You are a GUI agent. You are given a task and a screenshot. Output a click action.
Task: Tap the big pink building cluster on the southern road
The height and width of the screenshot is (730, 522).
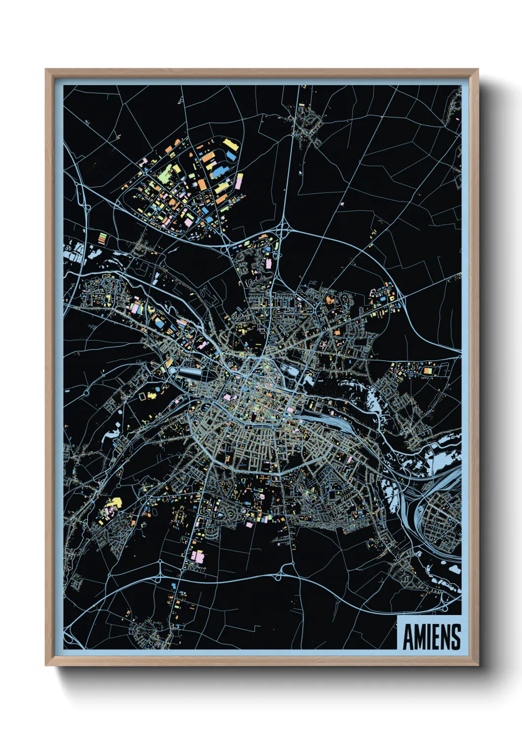197,556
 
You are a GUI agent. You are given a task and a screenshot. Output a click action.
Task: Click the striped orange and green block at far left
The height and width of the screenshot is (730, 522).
102,238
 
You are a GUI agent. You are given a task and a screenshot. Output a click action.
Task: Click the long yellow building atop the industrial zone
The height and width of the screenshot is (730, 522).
230,145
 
